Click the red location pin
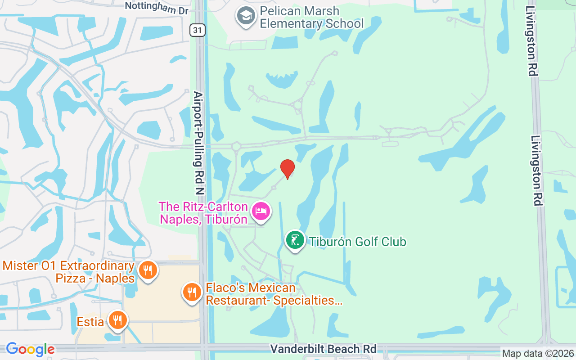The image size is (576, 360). pyautogui.click(x=287, y=169)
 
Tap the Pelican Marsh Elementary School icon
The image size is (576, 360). pyautogui.click(x=246, y=16)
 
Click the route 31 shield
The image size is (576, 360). pyautogui.click(x=198, y=30)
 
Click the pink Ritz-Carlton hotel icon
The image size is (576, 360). pyautogui.click(x=261, y=211)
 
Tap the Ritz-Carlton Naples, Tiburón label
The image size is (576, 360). pyautogui.click(x=203, y=213)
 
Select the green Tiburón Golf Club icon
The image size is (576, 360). pyautogui.click(x=295, y=240)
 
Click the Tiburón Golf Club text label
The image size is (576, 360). pyautogui.click(x=357, y=242)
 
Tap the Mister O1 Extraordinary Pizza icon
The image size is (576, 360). pyautogui.click(x=147, y=270)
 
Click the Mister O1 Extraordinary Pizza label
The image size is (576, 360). pyautogui.click(x=68, y=272)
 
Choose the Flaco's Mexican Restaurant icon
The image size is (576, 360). pyautogui.click(x=192, y=292)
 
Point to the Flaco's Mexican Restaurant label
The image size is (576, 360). pyautogui.click(x=274, y=294)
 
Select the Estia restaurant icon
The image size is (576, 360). pyautogui.click(x=118, y=320)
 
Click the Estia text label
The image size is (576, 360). pyautogui.click(x=90, y=322)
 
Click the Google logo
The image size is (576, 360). pyautogui.click(x=30, y=349)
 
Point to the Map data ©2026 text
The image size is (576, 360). pyautogui.click(x=538, y=354)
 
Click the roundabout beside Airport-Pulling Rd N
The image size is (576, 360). pyautogui.click(x=236, y=146)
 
